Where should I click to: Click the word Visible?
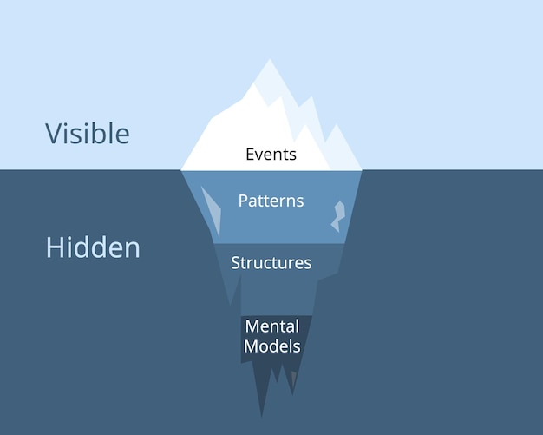(x=88, y=134)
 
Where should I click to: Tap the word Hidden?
(x=93, y=247)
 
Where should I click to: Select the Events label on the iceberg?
(x=271, y=155)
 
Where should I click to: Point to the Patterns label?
(x=271, y=201)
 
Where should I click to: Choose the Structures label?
(x=271, y=262)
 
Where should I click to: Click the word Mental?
(x=271, y=326)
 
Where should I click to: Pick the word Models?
(x=271, y=346)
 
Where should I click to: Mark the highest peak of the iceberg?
(x=270, y=61)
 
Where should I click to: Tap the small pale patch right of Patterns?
(x=337, y=216)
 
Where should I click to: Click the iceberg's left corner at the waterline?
(x=181, y=168)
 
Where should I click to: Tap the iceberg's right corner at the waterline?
(x=361, y=168)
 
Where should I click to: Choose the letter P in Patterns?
(x=243, y=201)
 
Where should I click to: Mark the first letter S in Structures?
(x=235, y=262)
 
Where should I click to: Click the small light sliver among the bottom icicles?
(x=293, y=379)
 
